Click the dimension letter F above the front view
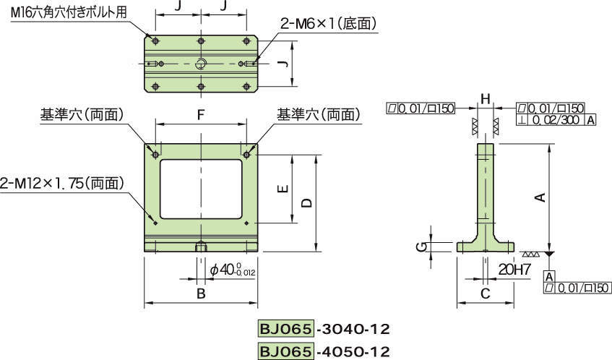[201, 114]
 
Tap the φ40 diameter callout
[232, 270]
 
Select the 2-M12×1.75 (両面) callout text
[63, 184]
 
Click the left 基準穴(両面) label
[82, 114]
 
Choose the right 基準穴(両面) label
[318, 114]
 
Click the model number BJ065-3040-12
[323, 330]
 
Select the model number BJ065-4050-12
[323, 351]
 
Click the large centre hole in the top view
[202, 63]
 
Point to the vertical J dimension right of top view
[284, 64]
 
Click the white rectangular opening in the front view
[201, 189]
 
